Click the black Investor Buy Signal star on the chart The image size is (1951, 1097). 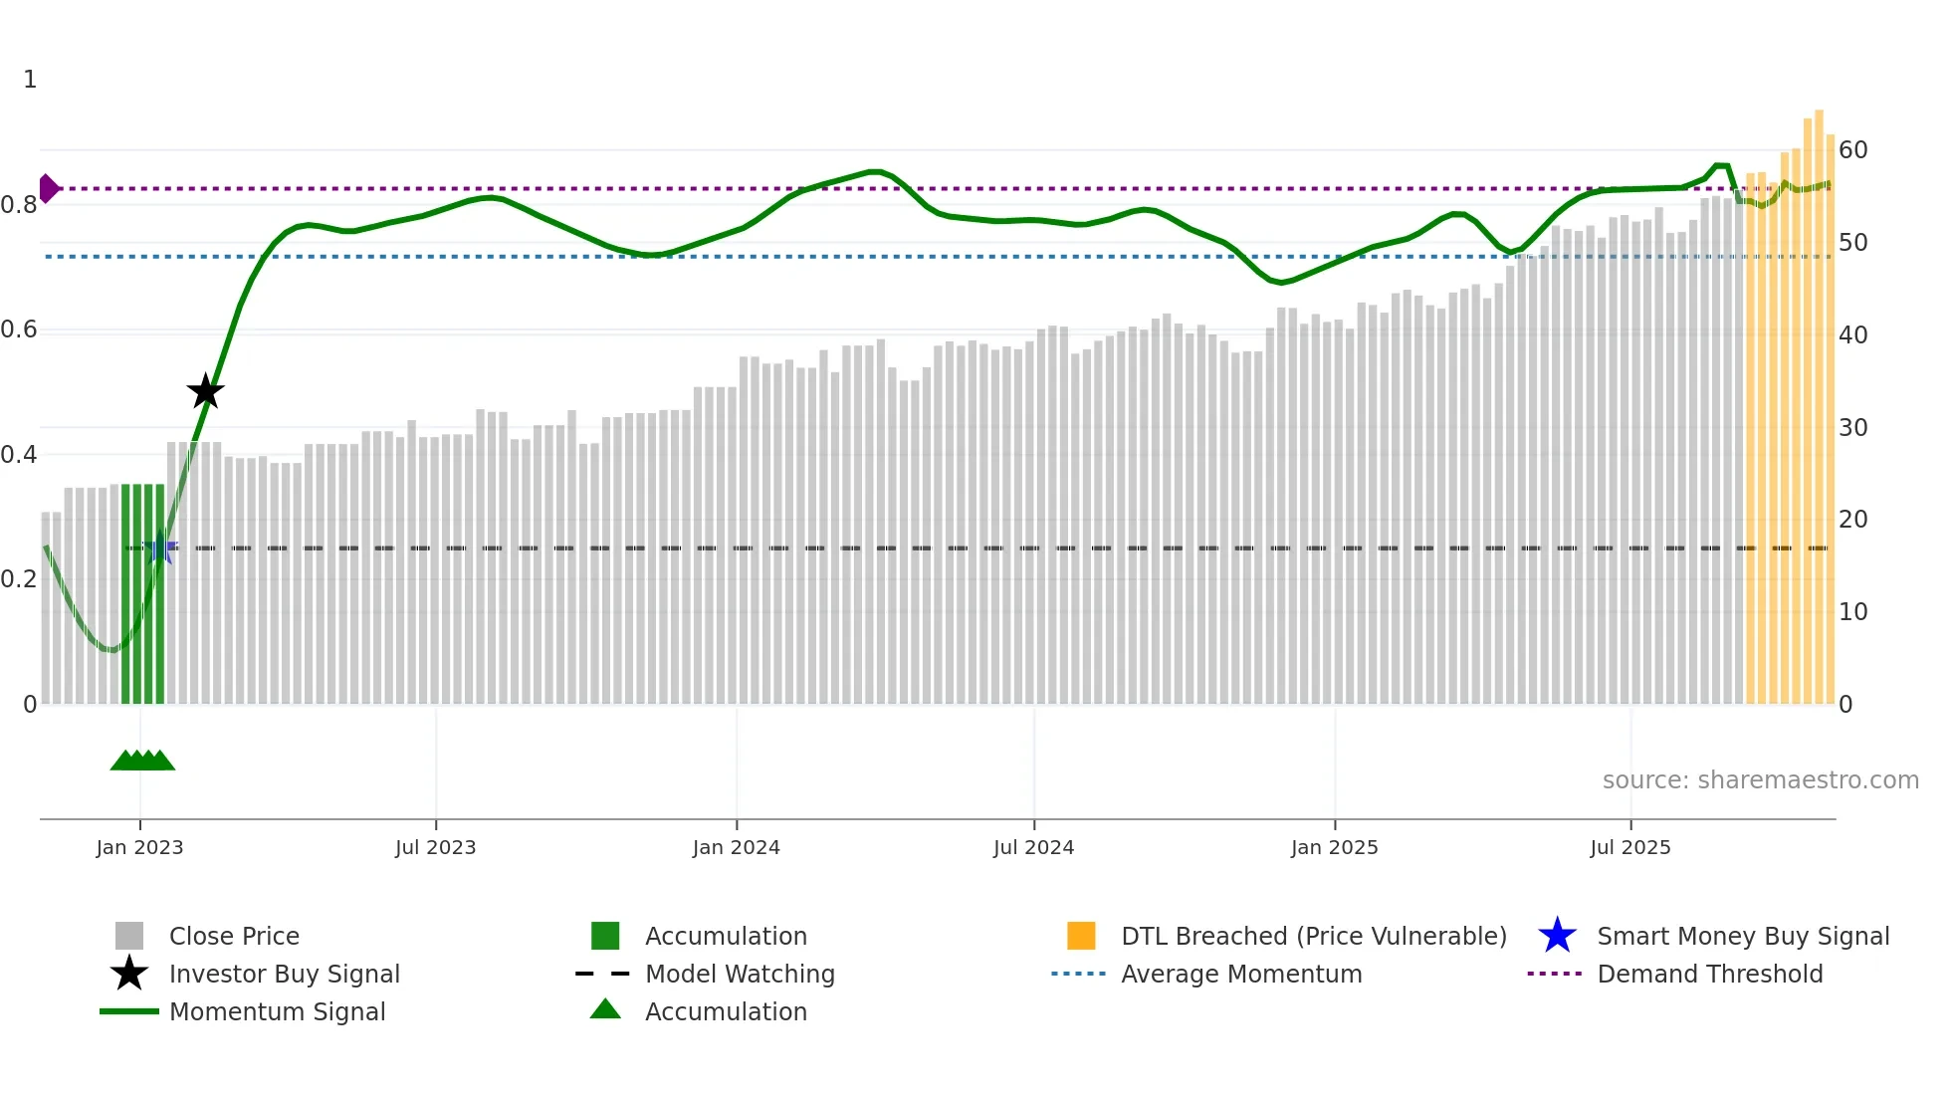tap(206, 391)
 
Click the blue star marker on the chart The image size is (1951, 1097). tap(159, 548)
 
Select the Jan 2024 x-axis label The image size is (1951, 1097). tap(736, 847)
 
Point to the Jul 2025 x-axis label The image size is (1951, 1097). tap(1629, 847)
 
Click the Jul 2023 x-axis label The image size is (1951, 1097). tap(435, 847)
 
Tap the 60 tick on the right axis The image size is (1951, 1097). tap(1852, 150)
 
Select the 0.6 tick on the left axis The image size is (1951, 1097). tap(19, 329)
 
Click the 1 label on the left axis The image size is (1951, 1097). tap(30, 80)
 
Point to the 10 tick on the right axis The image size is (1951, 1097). tap(1852, 612)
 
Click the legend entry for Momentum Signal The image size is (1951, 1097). tap(277, 1011)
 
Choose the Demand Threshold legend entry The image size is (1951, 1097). tap(1709, 974)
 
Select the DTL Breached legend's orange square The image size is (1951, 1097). tap(1081, 936)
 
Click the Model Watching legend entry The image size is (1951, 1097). tap(739, 974)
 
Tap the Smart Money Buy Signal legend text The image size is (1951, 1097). tap(1742, 936)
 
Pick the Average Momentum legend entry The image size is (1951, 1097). tap(1240, 974)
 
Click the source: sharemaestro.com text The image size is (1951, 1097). tap(1760, 780)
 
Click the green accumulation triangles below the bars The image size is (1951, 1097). tap(142, 761)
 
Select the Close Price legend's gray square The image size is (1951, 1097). tap(129, 936)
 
